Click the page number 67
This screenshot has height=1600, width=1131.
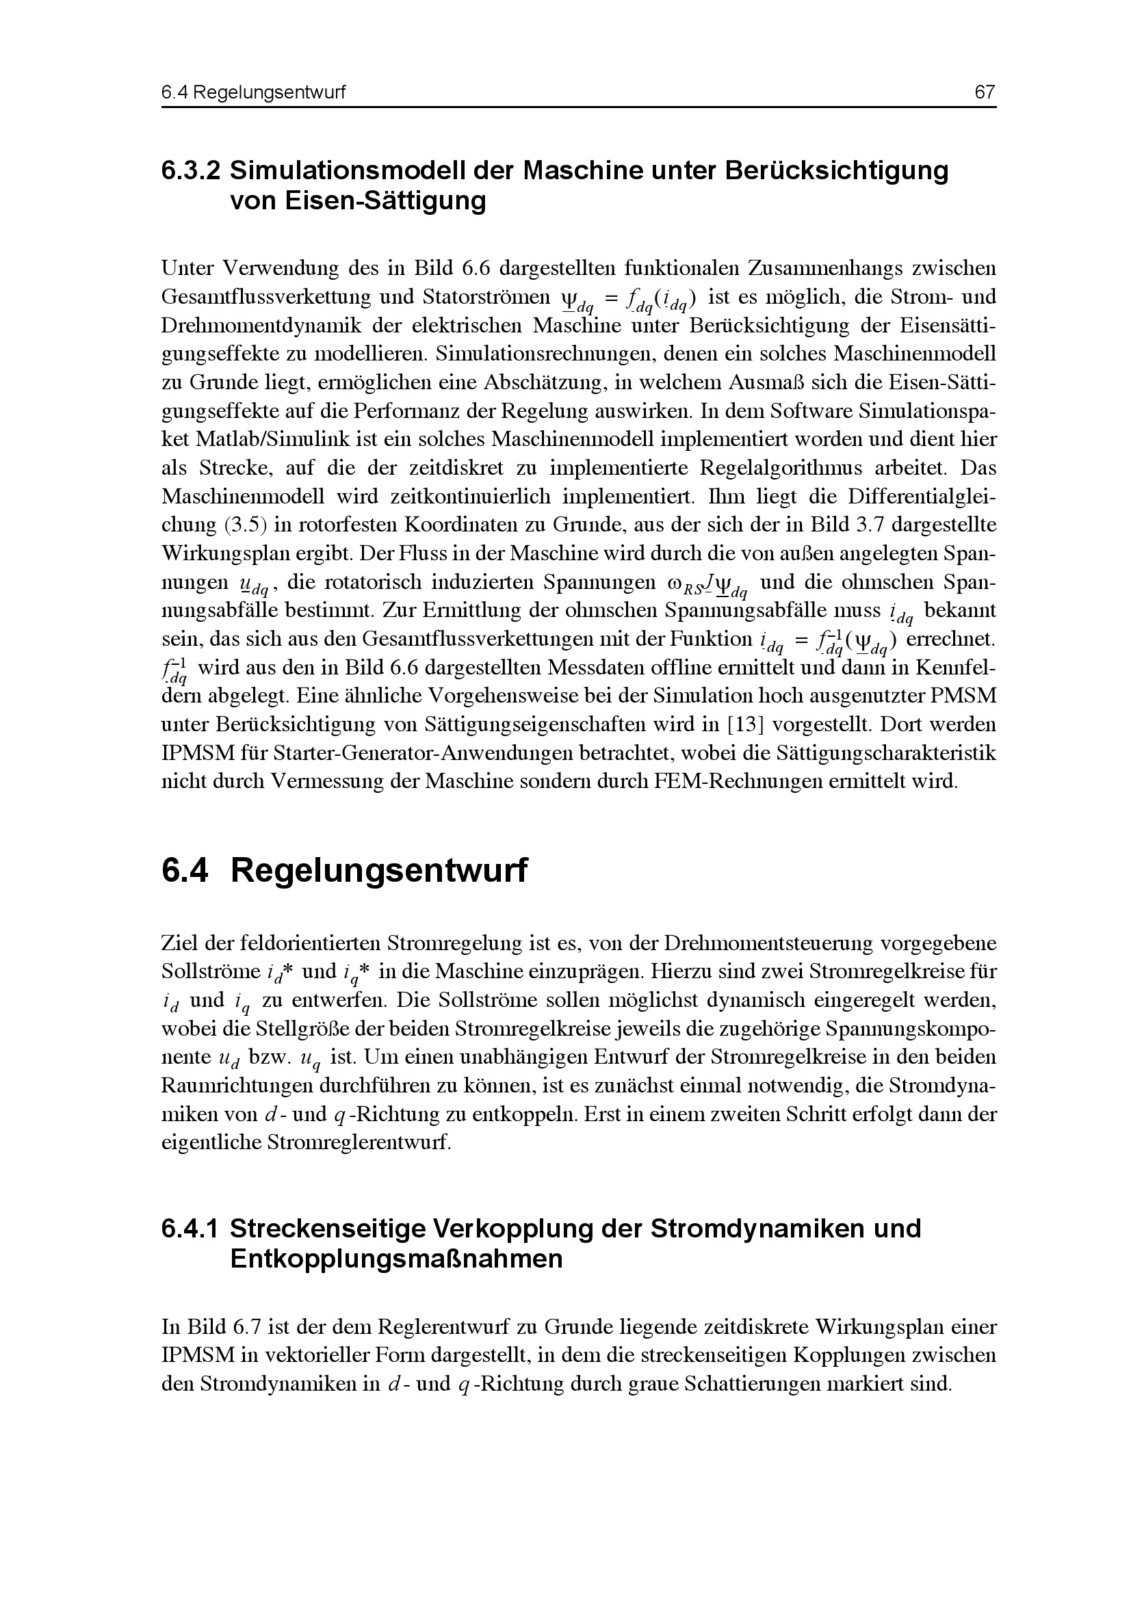click(985, 92)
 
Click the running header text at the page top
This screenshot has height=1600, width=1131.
click(253, 92)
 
